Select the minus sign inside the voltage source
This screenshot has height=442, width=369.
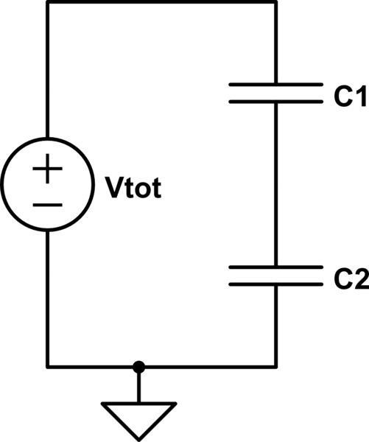click(48, 203)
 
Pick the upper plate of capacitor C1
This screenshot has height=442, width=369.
click(275, 85)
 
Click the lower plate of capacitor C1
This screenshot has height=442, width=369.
click(275, 101)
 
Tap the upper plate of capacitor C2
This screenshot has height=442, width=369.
click(275, 267)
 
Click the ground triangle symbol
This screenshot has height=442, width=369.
click(138, 415)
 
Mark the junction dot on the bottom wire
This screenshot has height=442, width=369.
click(138, 366)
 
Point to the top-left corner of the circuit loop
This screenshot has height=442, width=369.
click(48, 2)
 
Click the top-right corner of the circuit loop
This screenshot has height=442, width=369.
click(275, 2)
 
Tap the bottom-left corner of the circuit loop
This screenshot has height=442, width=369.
click(48, 366)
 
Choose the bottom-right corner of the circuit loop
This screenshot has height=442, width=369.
click(275, 366)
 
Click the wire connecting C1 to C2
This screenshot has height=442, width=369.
click(275, 184)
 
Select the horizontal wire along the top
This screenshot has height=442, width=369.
click(162, 2)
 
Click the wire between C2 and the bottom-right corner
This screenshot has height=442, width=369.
click(275, 324)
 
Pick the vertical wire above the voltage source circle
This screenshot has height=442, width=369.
click(48, 74)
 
